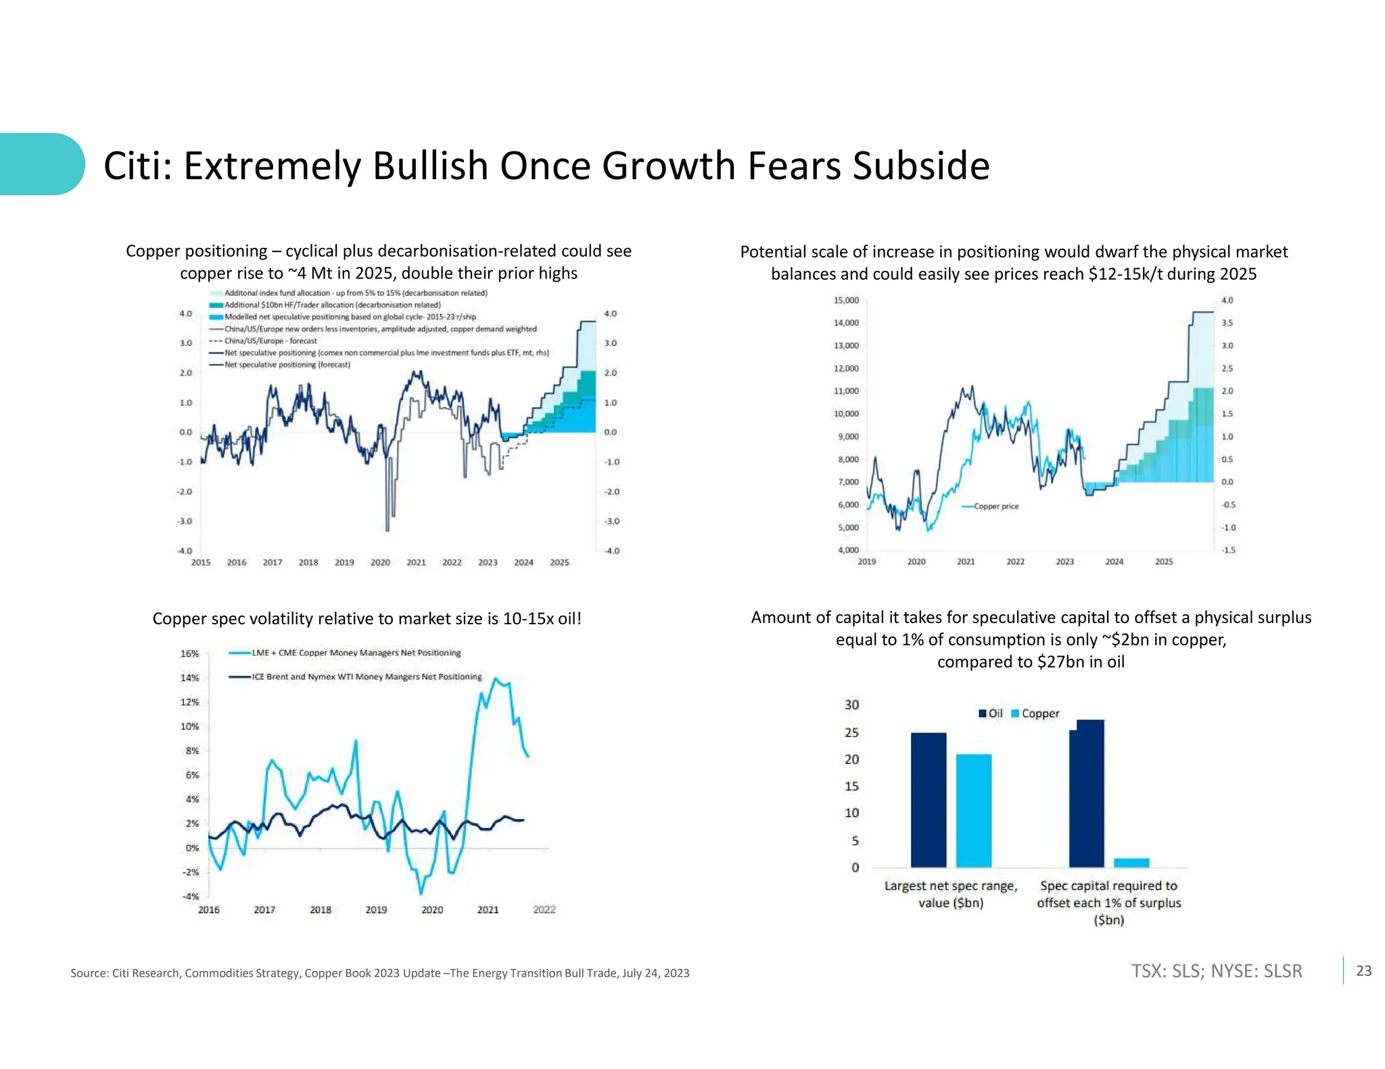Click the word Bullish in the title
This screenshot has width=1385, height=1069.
(x=430, y=166)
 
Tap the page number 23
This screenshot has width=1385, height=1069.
(x=1363, y=971)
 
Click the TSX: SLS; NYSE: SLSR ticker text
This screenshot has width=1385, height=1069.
(x=1216, y=971)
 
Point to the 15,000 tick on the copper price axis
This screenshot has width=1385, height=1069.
(x=846, y=300)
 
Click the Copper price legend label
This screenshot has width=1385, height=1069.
(x=995, y=506)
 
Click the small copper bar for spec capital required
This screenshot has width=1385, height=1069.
(x=1131, y=862)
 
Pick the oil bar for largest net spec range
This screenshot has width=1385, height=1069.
(x=928, y=799)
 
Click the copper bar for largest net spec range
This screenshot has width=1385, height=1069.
(x=973, y=810)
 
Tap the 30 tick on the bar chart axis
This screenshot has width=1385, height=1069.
(x=851, y=705)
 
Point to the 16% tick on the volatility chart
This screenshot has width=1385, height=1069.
(x=189, y=653)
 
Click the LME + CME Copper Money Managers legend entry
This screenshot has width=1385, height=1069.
(x=356, y=653)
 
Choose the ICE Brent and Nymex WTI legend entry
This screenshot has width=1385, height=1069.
(x=367, y=676)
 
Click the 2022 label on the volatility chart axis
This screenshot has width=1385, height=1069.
(x=544, y=910)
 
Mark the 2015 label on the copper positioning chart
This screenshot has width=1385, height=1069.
(x=201, y=562)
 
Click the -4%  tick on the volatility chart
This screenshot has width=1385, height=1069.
(x=190, y=897)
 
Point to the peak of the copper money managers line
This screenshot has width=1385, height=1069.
(x=496, y=678)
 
